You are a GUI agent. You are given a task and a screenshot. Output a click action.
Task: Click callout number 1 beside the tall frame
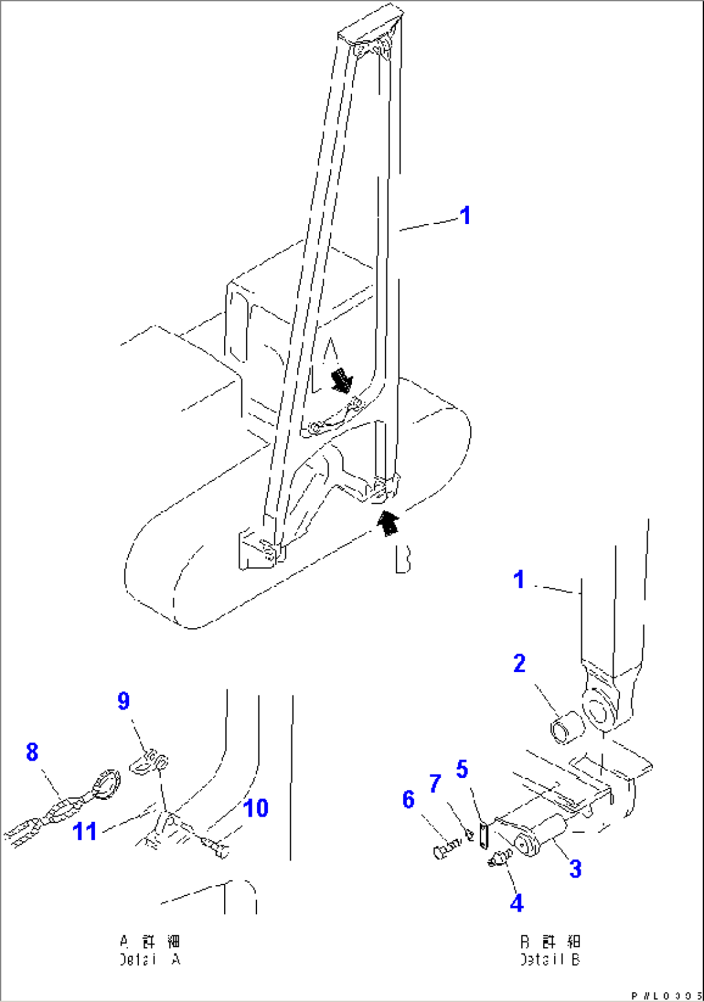pos(465,216)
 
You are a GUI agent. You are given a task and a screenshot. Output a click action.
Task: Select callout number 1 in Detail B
pos(519,579)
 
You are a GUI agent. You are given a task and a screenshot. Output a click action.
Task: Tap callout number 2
pos(519,664)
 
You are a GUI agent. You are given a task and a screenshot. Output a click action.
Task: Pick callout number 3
pos(575,869)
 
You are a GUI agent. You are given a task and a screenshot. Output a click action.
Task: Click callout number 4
pos(517,903)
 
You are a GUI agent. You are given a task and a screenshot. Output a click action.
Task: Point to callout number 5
pos(462,769)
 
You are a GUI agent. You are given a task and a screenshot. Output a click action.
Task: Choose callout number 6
pos(408,800)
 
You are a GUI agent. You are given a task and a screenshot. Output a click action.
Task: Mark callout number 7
pos(435,784)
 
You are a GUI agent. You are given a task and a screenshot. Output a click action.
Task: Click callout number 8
pos(32,752)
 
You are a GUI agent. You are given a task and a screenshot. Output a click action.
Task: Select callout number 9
pos(123,701)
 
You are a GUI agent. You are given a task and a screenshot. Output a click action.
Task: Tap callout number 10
pos(256,808)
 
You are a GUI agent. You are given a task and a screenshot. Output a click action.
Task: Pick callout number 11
pos(85,832)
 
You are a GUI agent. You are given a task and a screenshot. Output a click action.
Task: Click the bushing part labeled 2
pos(566,728)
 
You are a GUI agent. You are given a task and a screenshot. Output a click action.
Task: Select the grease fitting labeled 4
pos(501,859)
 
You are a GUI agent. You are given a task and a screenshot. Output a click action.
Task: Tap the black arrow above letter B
pos(388,522)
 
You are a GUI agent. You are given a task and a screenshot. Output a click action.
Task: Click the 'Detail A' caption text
pos(150,951)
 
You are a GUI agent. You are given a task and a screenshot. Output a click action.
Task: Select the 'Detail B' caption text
pos(550,951)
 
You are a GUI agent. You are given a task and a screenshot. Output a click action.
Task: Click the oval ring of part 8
pos(106,782)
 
